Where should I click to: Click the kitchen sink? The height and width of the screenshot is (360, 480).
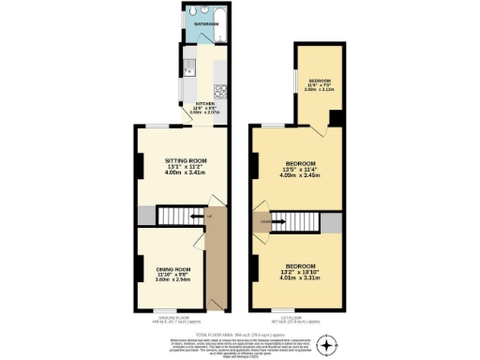click(x=188, y=67)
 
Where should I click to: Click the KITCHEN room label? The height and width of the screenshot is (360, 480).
click(x=203, y=104)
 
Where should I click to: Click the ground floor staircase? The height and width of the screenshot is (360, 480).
click(x=178, y=217)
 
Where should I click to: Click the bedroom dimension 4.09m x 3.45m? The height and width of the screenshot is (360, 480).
click(x=300, y=177)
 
